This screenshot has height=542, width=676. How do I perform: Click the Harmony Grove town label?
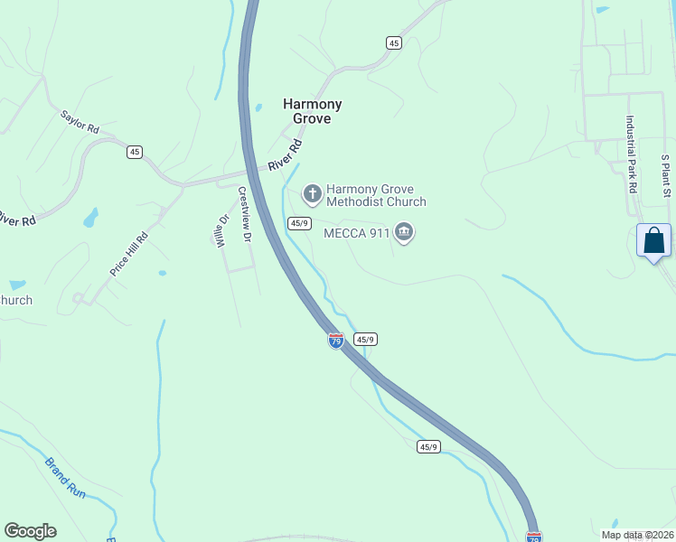313,111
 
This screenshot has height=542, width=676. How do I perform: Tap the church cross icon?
312,193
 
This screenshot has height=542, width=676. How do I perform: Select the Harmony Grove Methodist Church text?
375,195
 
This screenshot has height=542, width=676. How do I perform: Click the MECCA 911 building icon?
404,233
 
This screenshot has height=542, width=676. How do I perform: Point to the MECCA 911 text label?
357,233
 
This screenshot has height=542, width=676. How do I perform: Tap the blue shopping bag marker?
653,241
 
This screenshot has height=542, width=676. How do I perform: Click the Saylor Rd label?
80,122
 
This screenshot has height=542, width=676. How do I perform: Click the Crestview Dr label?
243,214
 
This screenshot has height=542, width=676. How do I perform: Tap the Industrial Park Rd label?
631,154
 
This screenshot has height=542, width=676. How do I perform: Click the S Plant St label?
665,174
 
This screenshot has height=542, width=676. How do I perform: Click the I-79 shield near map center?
335,341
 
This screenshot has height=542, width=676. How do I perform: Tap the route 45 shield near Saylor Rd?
135,152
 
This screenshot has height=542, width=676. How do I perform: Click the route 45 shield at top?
393,42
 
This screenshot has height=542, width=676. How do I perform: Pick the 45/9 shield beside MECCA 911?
300,223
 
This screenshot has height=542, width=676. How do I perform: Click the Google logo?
30,531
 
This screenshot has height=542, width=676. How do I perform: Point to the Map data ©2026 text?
637,535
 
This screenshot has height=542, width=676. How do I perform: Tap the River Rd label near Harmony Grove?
284,156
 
